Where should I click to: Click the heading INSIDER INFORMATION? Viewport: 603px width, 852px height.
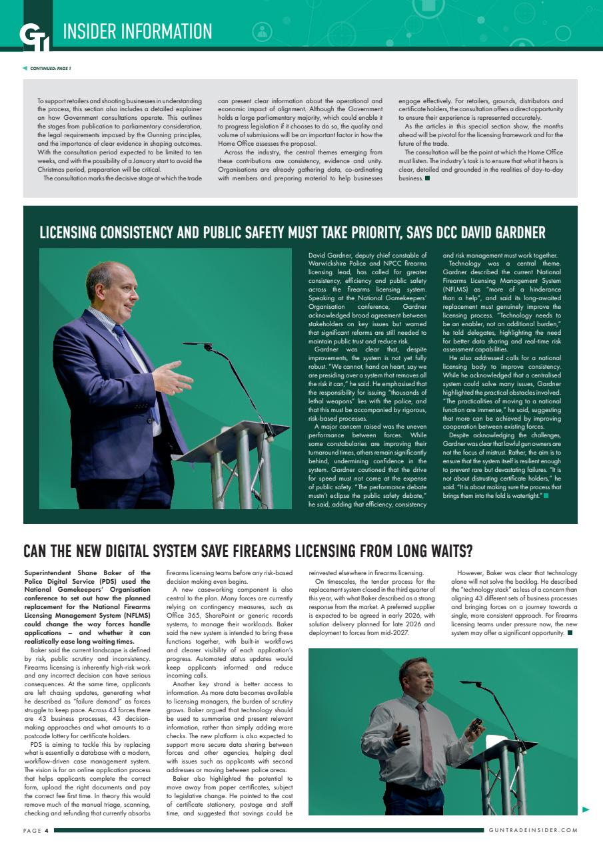pyautogui.click(x=137, y=31)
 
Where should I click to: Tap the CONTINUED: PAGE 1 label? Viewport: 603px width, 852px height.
pyautogui.click(x=50, y=68)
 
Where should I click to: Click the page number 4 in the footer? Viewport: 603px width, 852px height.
pyautogui.click(x=47, y=830)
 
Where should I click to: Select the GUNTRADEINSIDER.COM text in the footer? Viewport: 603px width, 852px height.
pyautogui.click(x=532, y=830)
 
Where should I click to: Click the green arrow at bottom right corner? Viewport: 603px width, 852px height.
pyautogui.click(x=586, y=809)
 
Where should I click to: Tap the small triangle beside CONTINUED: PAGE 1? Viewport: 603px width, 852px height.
pyautogui.click(x=25, y=68)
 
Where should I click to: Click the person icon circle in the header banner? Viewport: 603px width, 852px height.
pyautogui.click(x=263, y=31)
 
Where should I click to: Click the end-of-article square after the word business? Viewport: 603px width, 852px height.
pyautogui.click(x=427, y=178)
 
